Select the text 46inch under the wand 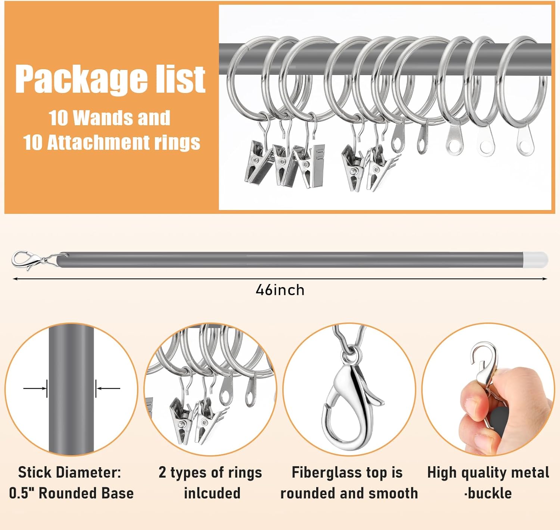point(280,290)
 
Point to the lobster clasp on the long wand point(24,259)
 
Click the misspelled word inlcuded point(212,493)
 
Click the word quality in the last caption point(485,472)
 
